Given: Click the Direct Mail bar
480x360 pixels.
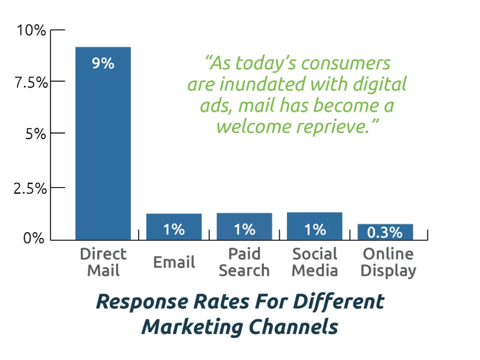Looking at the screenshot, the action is point(103,143).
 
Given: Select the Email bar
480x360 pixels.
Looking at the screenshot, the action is point(174,226).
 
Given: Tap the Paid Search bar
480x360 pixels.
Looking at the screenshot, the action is point(244,226).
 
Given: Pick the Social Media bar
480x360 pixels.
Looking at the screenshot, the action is point(315,226).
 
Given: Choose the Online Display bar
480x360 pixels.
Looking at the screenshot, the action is point(386,232).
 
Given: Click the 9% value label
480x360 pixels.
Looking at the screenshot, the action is point(103,63).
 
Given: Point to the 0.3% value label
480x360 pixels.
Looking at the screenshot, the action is point(385,233).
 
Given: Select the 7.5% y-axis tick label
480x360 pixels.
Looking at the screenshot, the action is point(31,82).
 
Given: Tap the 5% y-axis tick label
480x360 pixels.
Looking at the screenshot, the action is point(35,134).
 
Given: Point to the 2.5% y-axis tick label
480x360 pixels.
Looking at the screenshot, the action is point(30,189).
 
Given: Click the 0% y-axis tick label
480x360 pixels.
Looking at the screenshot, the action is point(34,237).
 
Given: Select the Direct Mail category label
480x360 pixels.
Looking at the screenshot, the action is point(103,262).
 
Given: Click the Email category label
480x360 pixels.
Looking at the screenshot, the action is point(174,262).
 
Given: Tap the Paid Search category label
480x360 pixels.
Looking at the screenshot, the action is point(244,262).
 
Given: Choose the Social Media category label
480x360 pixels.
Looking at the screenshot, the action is point(315,262).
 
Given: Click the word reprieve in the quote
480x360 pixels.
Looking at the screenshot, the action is point(333,127).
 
